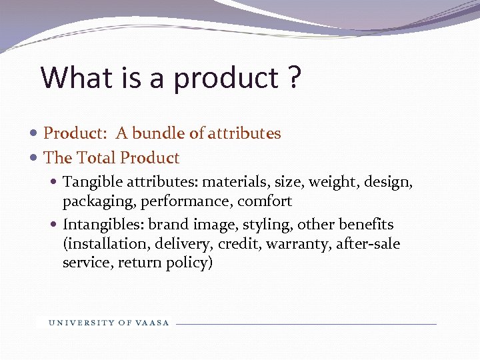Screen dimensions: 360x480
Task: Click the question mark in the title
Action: tap(295, 78)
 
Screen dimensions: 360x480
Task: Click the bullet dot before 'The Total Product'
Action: tap(35, 159)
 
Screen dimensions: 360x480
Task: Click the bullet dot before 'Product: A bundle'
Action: tap(35, 134)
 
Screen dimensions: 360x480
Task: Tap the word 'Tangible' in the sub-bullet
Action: tap(89, 182)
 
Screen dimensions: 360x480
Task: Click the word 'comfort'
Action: tap(265, 201)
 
